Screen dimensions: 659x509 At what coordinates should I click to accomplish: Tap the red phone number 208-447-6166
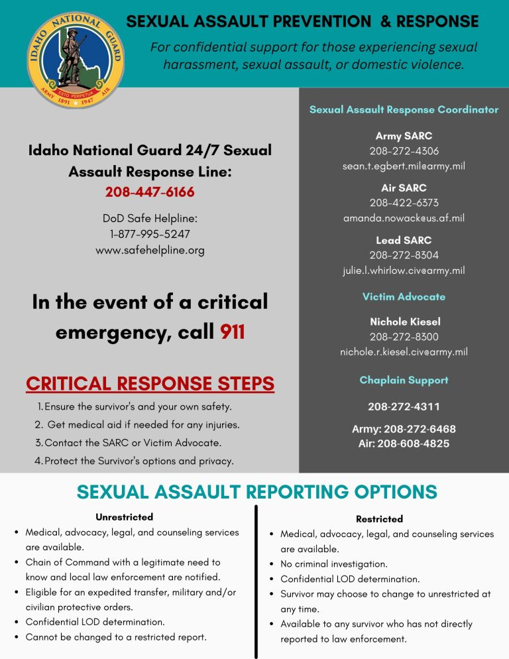150,192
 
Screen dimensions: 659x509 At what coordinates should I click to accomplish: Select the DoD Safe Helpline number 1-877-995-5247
150,234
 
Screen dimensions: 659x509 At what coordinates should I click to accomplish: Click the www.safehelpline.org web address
150,250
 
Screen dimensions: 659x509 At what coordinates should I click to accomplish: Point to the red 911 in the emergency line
233,331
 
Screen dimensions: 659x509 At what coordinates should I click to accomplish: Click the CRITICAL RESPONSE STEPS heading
150,383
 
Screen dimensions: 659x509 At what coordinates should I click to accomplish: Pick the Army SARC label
404,136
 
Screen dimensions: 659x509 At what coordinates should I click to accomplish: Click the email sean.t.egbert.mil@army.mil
404,166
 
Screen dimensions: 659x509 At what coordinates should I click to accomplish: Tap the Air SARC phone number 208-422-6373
404,202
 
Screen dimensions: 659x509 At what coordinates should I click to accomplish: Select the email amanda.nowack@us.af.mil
404,217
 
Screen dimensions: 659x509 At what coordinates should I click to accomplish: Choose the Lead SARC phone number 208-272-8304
404,255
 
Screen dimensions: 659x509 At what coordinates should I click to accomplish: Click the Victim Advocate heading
404,296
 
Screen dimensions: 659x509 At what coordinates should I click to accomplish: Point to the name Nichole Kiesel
404,322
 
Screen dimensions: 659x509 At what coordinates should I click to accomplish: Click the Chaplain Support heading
404,380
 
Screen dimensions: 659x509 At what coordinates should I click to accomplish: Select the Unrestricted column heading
124,516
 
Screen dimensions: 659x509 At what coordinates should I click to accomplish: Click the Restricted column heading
379,518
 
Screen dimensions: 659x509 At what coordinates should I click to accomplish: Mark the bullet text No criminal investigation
333,564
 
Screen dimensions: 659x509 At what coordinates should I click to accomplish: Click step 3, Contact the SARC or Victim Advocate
133,442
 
